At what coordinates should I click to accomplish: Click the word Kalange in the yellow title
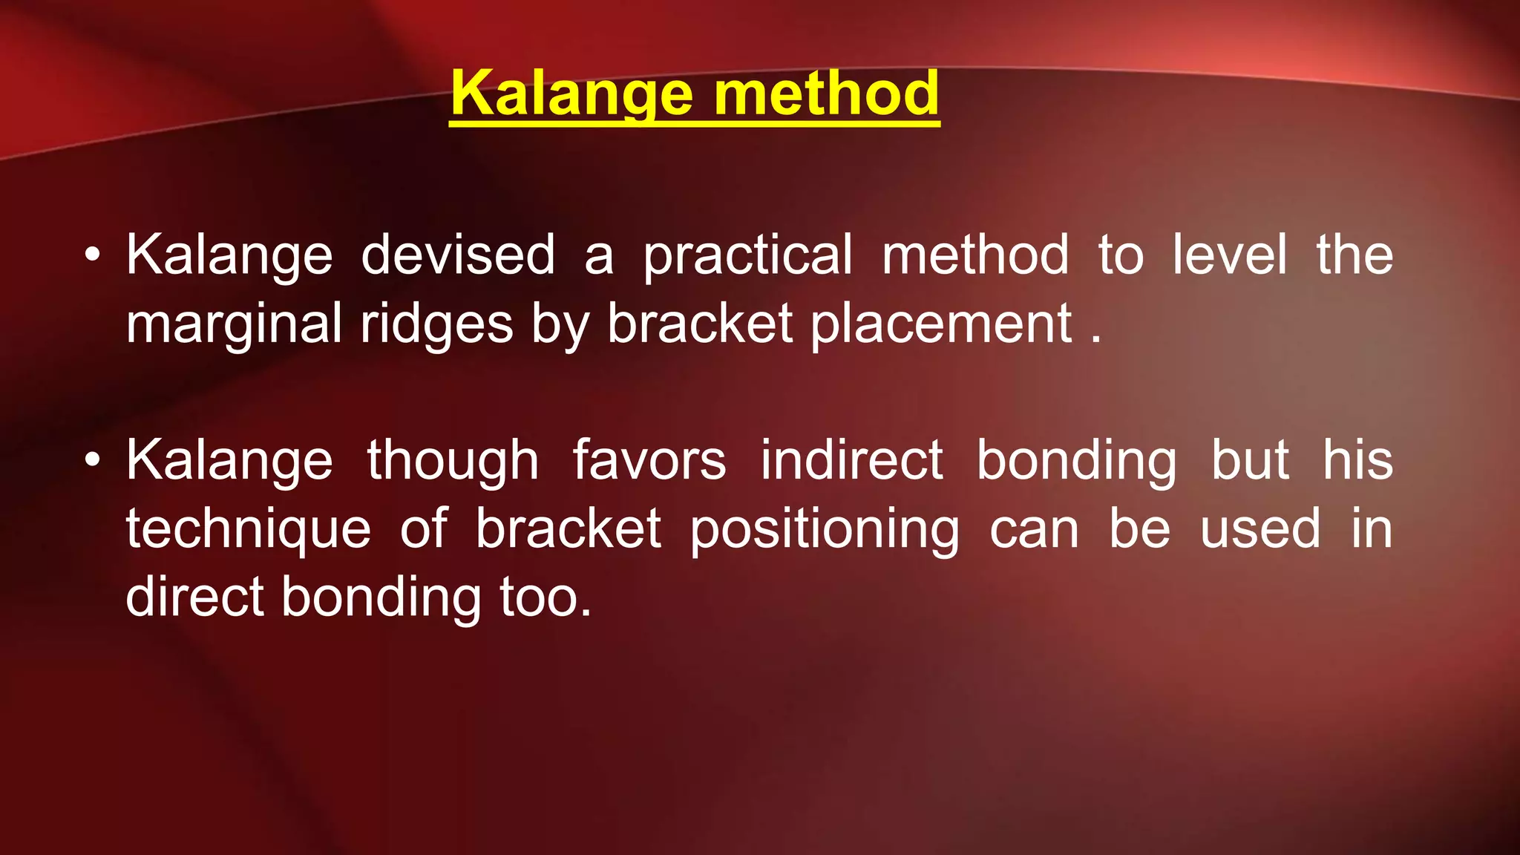coord(571,94)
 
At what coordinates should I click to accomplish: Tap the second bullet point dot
coord(91,461)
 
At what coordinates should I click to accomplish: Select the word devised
coord(458,255)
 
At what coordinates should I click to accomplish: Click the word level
coord(1230,255)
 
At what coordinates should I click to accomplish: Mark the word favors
coord(649,460)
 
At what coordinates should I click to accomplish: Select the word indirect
coord(851,460)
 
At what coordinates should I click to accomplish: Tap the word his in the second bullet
coord(1358,460)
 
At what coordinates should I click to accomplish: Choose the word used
coord(1260,530)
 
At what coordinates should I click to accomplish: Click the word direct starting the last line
coord(194,597)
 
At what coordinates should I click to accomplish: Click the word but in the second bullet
coord(1250,460)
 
